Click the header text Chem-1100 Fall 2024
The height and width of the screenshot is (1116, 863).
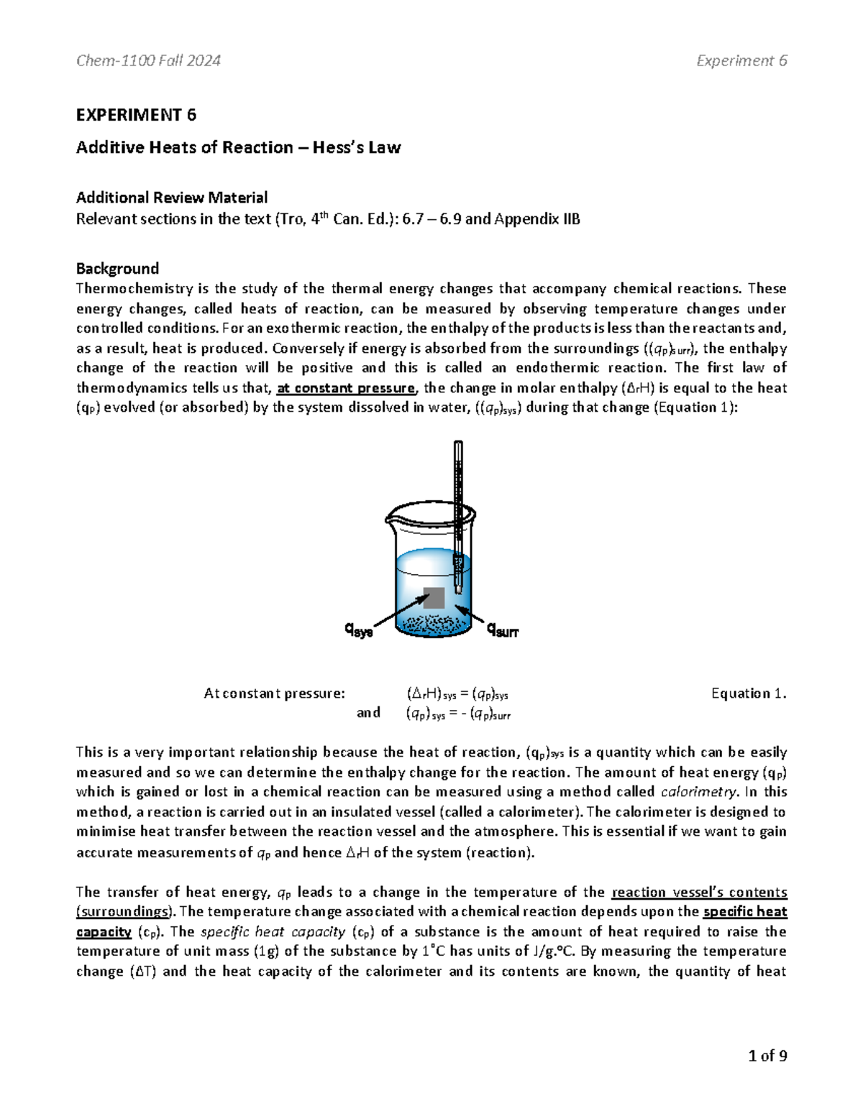click(x=148, y=61)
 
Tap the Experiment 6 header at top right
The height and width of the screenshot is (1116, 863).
click(x=741, y=61)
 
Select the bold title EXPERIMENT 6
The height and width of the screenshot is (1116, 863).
click(x=136, y=115)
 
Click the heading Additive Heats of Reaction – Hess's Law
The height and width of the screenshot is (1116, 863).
click(x=238, y=147)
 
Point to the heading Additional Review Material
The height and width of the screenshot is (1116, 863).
click(x=172, y=198)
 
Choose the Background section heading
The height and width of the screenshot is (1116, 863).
click(x=117, y=269)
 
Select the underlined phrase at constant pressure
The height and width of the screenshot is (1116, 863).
click(x=346, y=388)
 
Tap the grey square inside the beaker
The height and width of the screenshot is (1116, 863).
click(x=434, y=598)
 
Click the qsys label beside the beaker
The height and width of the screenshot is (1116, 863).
click(x=359, y=631)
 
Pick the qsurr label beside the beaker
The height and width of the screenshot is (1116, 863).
click(x=503, y=631)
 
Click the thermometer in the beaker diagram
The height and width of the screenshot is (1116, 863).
click(x=458, y=503)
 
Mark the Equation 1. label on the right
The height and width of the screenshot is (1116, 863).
click(x=749, y=693)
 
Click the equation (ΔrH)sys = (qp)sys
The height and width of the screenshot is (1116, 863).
click(x=457, y=694)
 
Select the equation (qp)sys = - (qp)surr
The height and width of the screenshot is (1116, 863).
click(x=458, y=714)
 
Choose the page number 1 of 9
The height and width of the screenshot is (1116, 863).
click(x=767, y=1056)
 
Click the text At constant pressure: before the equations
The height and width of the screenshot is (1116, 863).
click(x=275, y=693)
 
